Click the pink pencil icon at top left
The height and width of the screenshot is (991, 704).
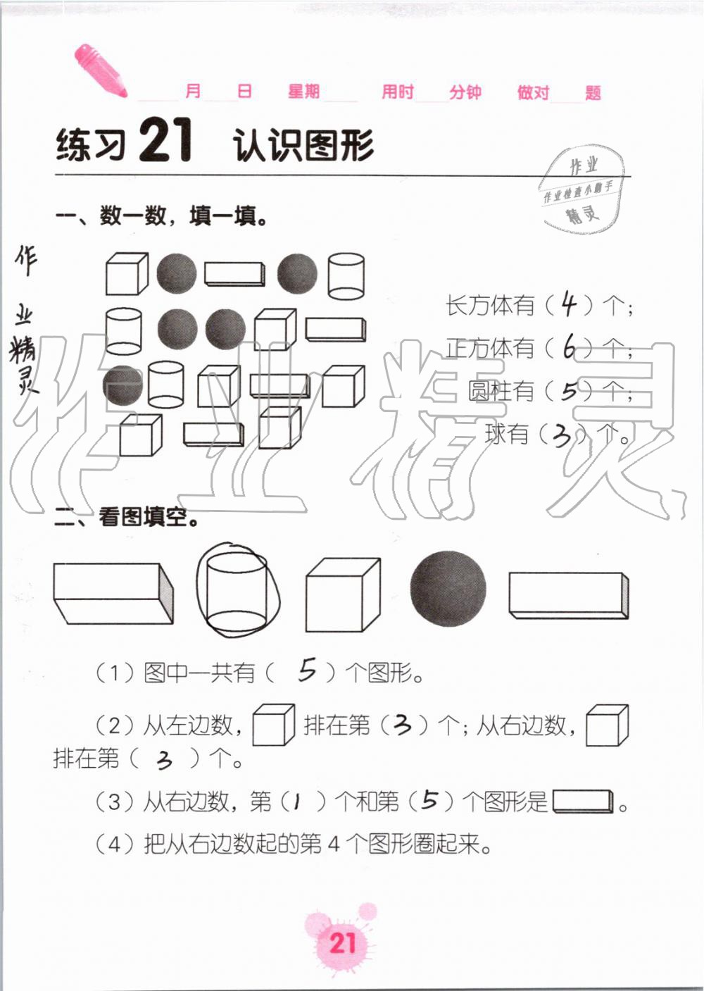[x=100, y=70]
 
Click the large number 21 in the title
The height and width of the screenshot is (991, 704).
[x=165, y=142]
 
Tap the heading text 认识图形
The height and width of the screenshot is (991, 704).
[x=303, y=146]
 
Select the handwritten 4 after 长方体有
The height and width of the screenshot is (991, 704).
[x=568, y=304]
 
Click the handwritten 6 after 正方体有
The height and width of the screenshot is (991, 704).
[x=569, y=347]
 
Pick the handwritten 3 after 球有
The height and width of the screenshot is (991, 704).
[x=562, y=436]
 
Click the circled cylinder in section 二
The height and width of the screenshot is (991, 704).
[x=238, y=590]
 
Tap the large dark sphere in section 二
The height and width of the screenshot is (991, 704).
[x=448, y=588]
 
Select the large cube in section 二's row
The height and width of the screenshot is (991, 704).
[x=343, y=596]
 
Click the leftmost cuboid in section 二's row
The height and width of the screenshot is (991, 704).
[x=113, y=592]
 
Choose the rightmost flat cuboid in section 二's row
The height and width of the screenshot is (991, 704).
[x=568, y=596]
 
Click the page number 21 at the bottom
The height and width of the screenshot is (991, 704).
[x=343, y=942]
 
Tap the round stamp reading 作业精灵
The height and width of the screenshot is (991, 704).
[x=582, y=189]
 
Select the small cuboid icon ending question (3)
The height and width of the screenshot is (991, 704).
[x=584, y=802]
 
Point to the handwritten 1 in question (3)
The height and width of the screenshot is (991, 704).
[x=297, y=801]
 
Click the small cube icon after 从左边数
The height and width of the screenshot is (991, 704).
[x=273, y=725]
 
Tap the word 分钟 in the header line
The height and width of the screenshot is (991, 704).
[x=465, y=92]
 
